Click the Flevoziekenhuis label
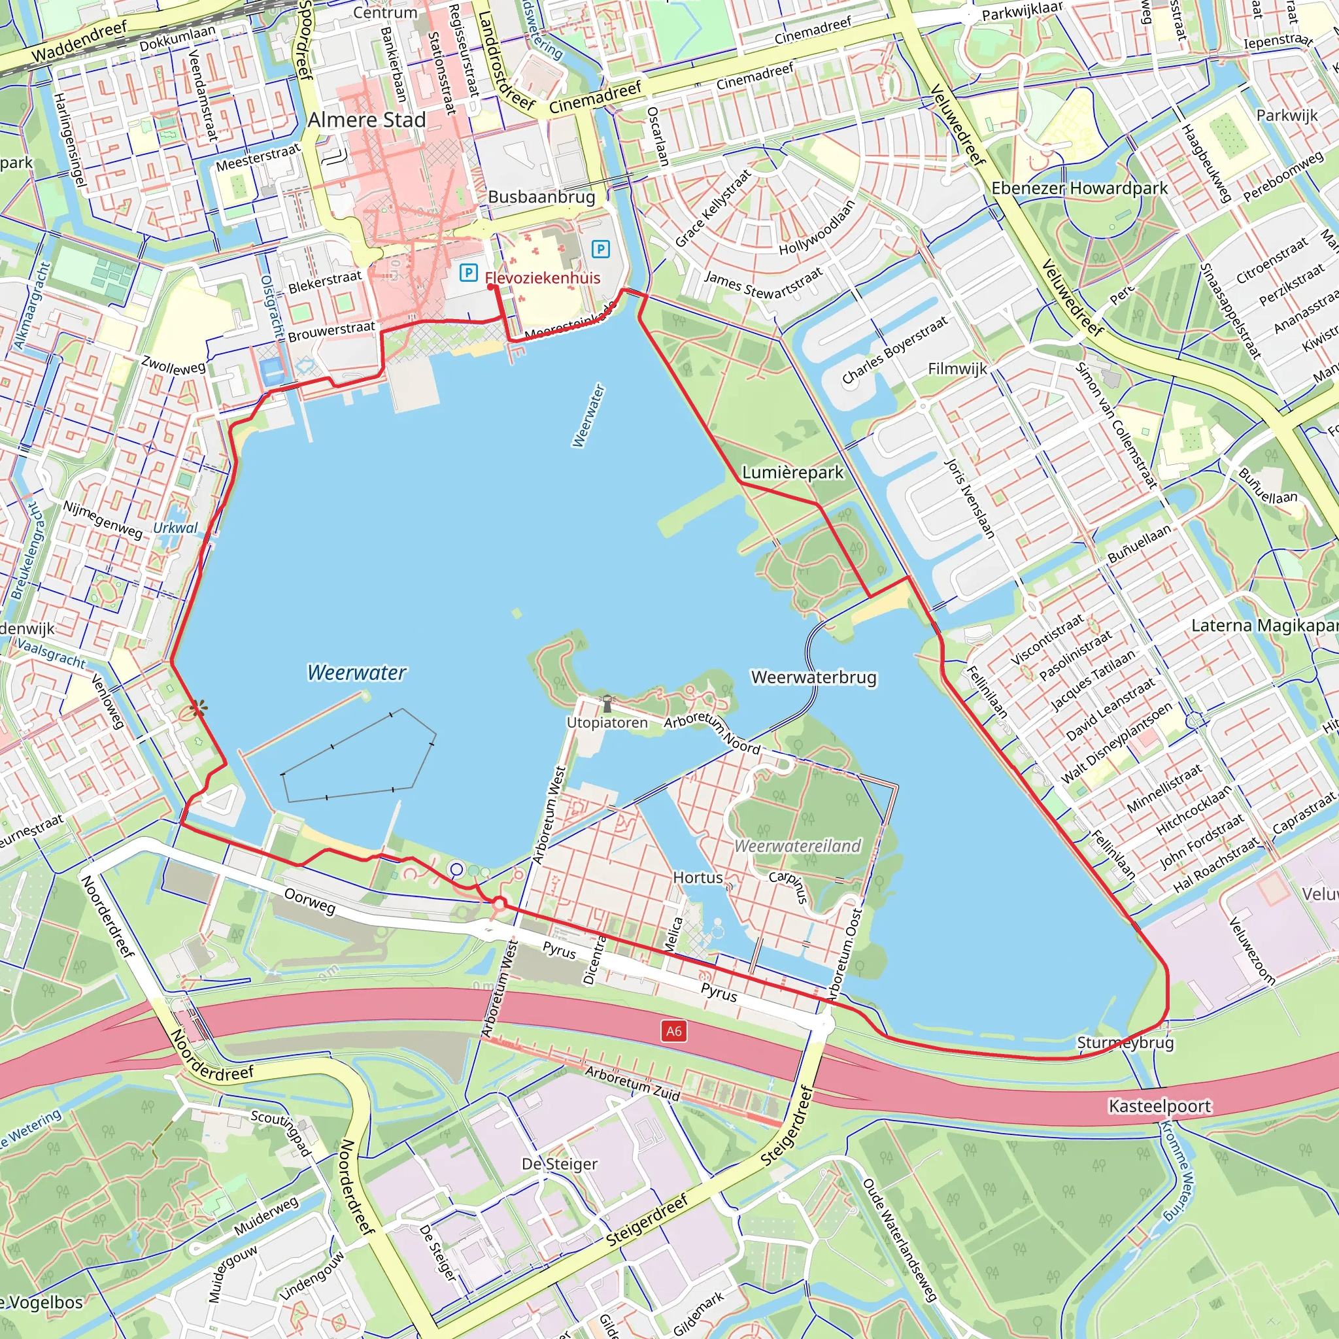543,278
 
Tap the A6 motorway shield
673,1030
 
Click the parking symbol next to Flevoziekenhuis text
469,273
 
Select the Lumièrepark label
793,472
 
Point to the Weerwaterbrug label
813,677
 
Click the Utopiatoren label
607,722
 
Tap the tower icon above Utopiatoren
607,703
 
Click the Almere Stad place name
367,120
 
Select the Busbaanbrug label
541,197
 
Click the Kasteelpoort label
1159,1106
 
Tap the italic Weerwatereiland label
797,845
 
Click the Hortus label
697,877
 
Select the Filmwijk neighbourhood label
957,369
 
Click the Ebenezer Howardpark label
1079,188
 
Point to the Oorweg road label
310,901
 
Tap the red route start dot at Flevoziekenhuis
491,287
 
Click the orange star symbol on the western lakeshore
198,707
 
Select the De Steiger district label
559,1164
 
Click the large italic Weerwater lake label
356,672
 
